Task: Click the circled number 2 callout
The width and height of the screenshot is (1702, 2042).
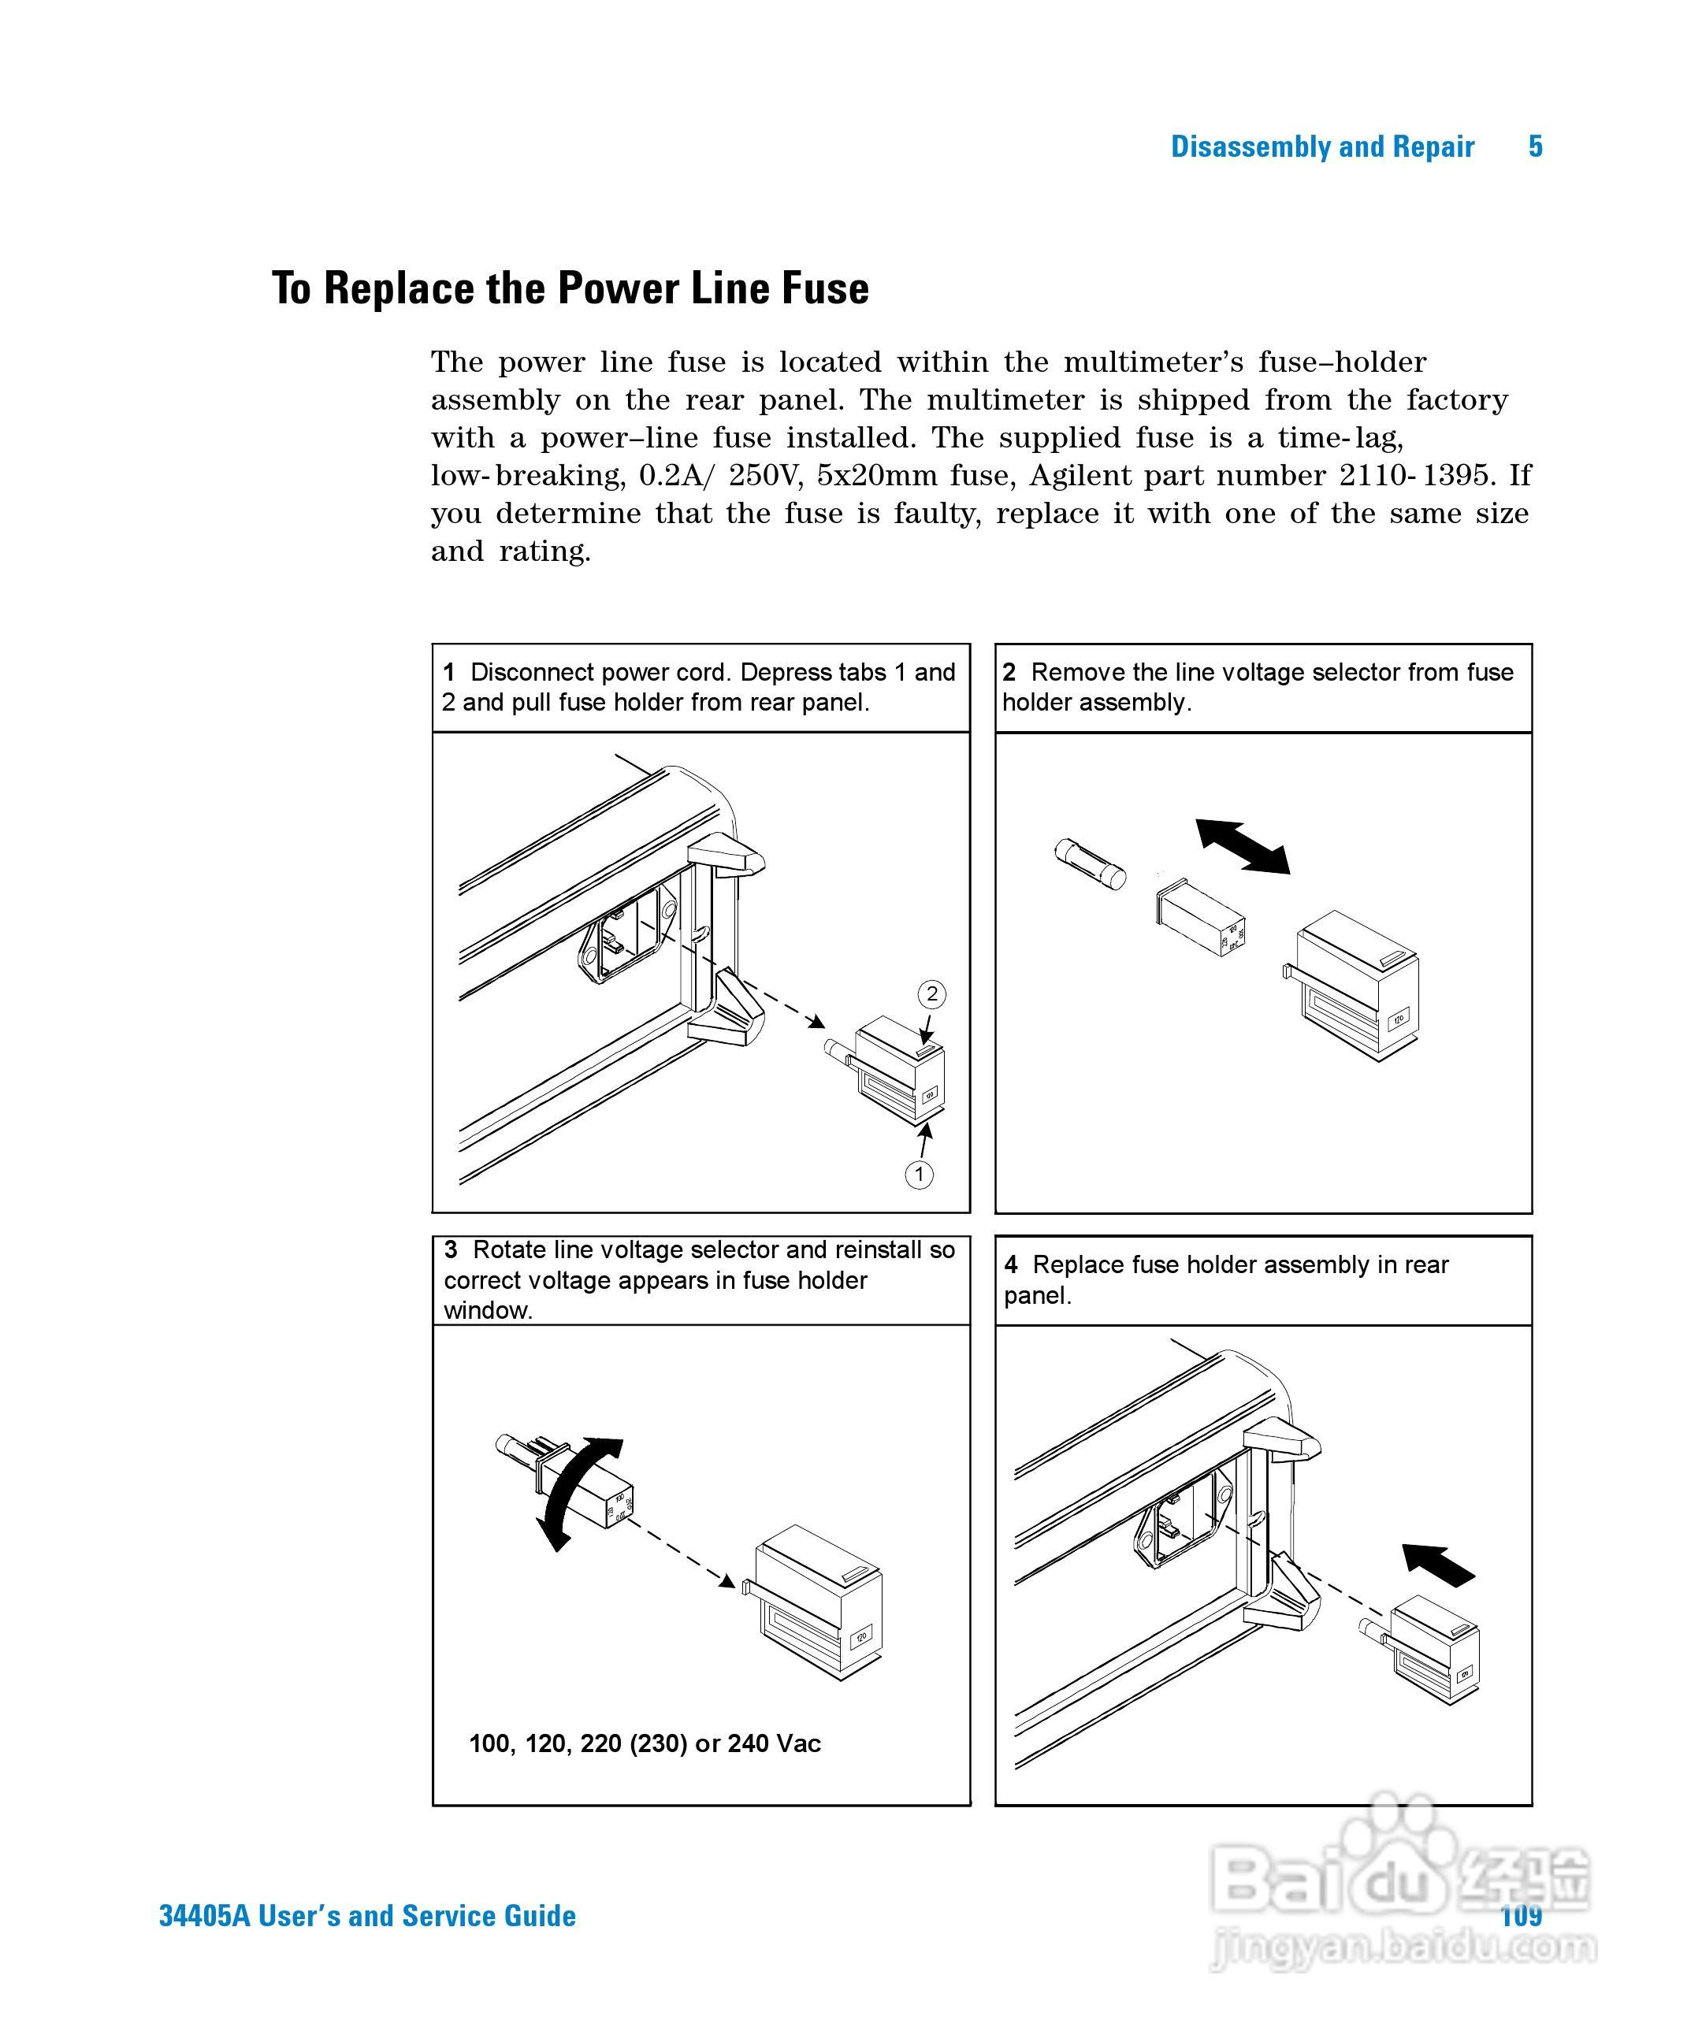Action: tap(931, 993)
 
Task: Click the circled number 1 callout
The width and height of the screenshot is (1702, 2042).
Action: tap(919, 1174)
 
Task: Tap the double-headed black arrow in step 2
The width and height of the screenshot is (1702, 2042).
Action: tap(1242, 846)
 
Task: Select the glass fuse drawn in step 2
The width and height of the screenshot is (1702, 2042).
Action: tap(1089, 863)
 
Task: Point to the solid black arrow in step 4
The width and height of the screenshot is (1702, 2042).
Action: tap(1439, 1565)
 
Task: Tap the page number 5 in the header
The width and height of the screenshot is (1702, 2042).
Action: tap(1535, 147)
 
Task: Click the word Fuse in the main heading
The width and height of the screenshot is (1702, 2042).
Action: tap(829, 289)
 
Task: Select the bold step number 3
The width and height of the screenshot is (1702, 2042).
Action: tap(450, 1249)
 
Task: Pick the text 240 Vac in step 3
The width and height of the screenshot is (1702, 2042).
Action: tap(773, 1743)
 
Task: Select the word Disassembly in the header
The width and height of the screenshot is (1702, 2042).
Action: tap(1250, 147)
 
